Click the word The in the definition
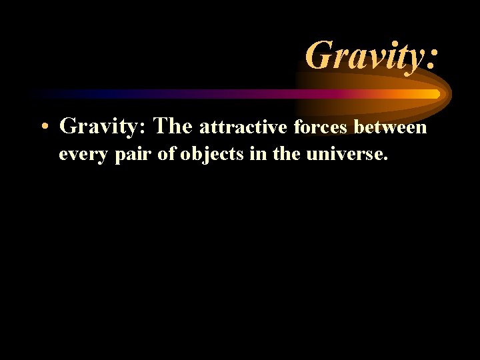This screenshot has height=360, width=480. [173, 125]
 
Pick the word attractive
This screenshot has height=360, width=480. [243, 126]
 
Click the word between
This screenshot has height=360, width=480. [391, 126]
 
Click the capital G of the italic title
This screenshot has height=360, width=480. [319, 55]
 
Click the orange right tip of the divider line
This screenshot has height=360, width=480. [436, 94]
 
